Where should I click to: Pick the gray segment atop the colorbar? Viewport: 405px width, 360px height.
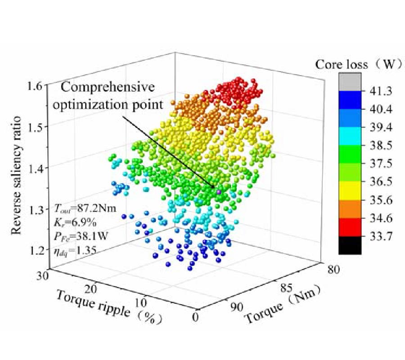tap(349, 82)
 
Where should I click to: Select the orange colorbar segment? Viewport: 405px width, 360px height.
tap(349, 210)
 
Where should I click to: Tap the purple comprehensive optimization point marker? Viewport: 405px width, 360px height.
tap(219, 192)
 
